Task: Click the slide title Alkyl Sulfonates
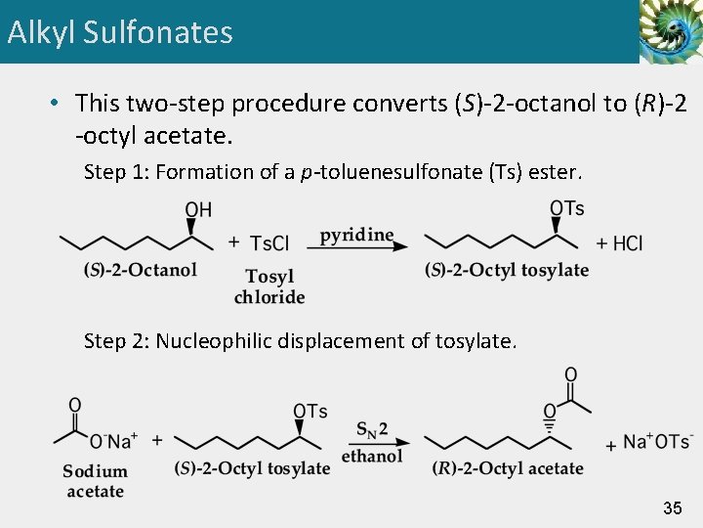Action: pos(120,32)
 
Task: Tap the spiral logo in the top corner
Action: pos(670,31)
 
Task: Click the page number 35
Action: pos(672,507)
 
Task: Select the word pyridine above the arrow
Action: pos(356,235)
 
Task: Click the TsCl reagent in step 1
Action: pos(269,243)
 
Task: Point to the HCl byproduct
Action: pos(626,243)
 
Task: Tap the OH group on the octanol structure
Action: pos(198,210)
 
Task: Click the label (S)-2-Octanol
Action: pos(141,270)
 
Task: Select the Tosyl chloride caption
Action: pos(269,286)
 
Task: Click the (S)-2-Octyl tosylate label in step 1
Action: pos(507,270)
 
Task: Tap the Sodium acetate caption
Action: pos(95,481)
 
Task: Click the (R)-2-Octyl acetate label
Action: pos(508,468)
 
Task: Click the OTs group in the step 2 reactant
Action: pos(310,411)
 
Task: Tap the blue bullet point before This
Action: pos(58,104)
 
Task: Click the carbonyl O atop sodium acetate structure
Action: pos(75,405)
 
